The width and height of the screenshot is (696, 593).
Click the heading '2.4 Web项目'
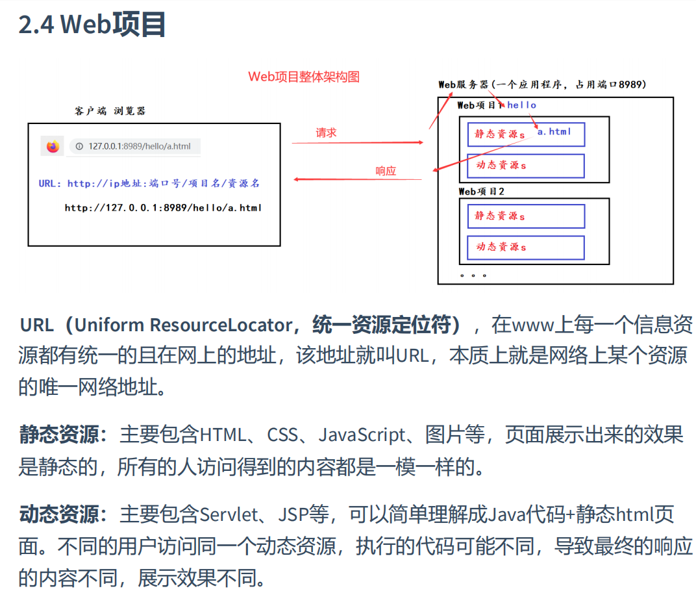point(92,25)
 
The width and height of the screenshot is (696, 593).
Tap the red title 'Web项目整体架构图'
point(304,77)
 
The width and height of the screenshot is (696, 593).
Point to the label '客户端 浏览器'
point(110,111)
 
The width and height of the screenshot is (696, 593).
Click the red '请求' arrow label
point(326,132)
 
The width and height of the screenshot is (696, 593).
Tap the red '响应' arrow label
point(386,171)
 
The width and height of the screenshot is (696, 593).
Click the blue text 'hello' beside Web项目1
point(522,105)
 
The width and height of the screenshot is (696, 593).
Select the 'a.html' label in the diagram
point(554,132)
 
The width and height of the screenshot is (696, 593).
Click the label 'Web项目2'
point(481,192)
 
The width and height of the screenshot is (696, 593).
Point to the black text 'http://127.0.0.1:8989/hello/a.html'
point(163,208)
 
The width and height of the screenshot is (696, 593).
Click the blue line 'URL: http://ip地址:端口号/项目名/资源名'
point(149,184)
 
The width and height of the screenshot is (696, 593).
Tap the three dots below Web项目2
point(473,275)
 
